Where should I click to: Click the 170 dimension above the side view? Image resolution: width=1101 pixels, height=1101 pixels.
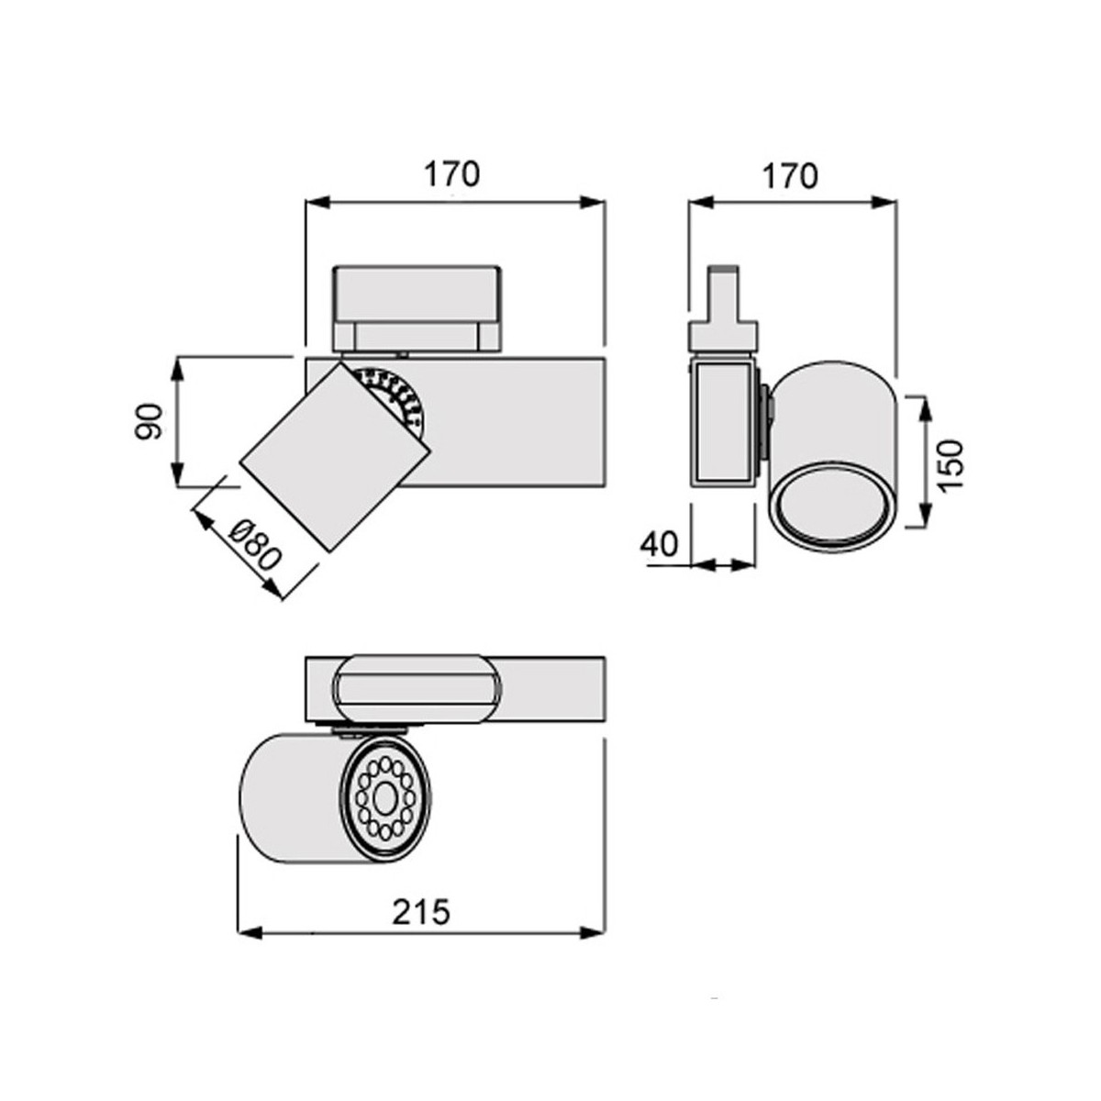[790, 175]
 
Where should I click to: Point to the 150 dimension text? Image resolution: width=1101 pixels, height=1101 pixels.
[951, 463]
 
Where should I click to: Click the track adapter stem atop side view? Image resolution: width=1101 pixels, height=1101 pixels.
[725, 298]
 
